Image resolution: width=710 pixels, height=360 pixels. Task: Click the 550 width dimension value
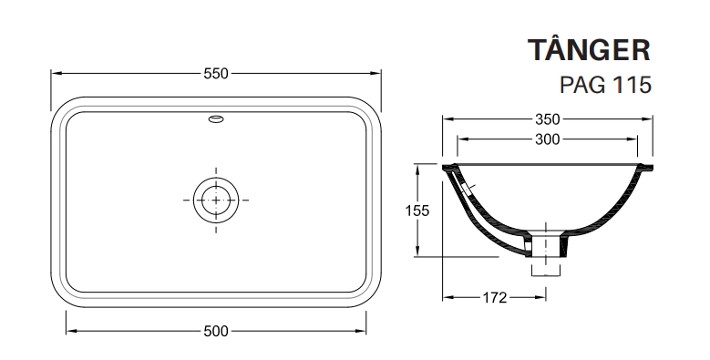coord(216,73)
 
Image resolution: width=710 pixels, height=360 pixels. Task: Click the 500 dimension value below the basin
coord(216,331)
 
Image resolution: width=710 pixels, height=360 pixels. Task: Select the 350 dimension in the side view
coord(548,119)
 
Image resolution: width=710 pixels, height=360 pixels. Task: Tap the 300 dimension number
coord(548,139)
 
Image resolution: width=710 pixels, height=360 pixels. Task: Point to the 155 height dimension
coord(417,211)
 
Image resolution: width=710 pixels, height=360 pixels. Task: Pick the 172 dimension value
coord(495,297)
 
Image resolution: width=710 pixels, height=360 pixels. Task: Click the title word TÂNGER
coord(589,49)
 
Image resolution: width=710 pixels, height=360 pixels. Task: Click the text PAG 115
coord(605,84)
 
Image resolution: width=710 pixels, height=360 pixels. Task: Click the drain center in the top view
coord(216,200)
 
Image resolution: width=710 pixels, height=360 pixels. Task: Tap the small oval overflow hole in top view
coord(216,119)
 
